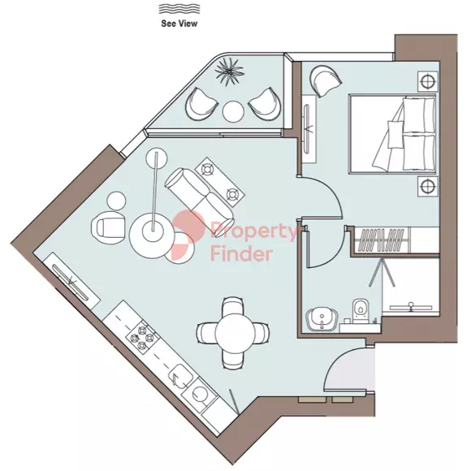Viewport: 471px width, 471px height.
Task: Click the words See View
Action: (x=179, y=24)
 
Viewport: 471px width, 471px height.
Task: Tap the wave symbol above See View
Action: (x=179, y=9)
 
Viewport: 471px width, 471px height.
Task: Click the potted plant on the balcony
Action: (x=230, y=71)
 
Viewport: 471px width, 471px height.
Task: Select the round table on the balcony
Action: (x=233, y=111)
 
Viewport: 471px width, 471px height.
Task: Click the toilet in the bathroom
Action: (x=360, y=310)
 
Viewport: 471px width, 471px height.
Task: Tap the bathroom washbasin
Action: (x=322, y=320)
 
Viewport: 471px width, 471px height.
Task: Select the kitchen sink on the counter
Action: (x=182, y=378)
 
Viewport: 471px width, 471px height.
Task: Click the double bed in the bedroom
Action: (x=392, y=134)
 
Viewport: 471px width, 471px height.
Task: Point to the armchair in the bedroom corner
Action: (x=326, y=80)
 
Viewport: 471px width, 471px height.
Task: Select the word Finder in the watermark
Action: (x=241, y=254)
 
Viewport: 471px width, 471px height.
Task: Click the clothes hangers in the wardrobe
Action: (x=381, y=240)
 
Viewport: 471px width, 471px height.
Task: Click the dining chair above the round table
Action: (x=233, y=306)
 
